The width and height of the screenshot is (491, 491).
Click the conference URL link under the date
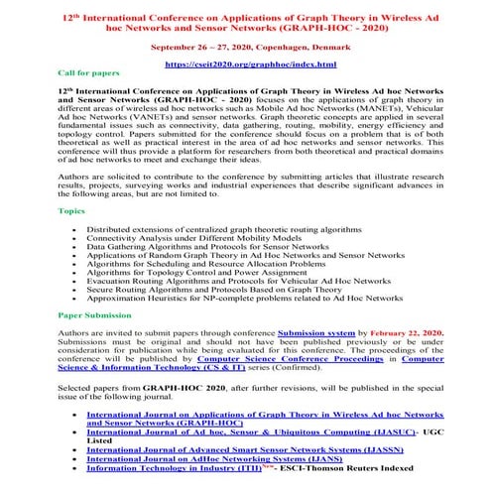[x=245, y=62]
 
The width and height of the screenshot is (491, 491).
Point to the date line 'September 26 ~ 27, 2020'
[x=245, y=45]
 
